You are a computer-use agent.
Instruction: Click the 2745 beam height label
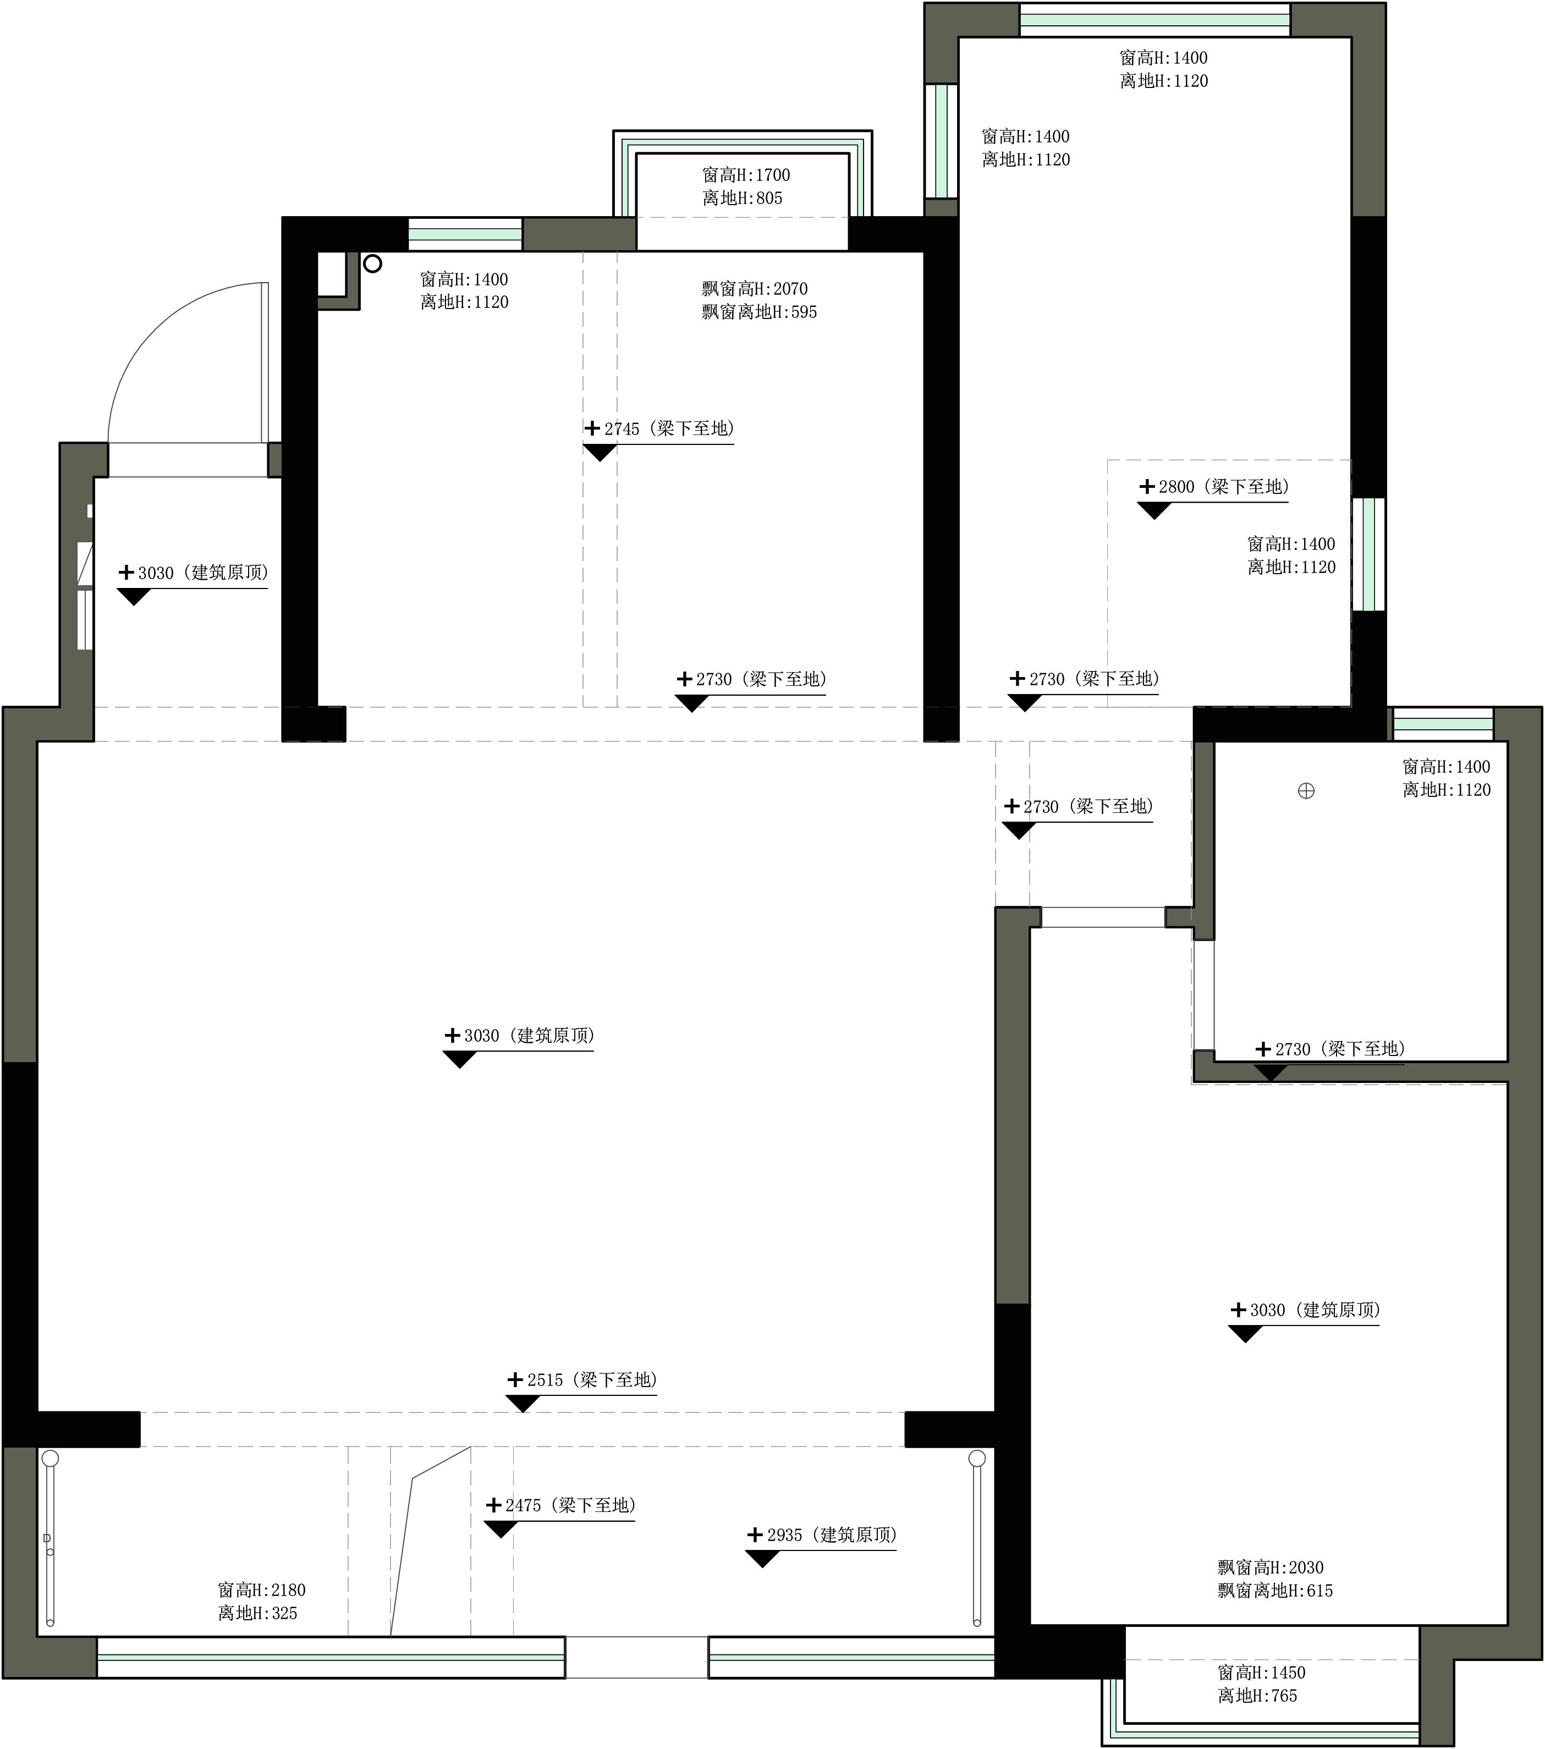(659, 428)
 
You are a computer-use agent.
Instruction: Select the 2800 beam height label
(1214, 487)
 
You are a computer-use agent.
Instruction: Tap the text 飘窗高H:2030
(1271, 1568)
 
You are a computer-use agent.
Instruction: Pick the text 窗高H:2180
(262, 1590)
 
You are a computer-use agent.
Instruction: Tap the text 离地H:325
(257, 1613)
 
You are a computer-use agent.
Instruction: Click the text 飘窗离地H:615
(1275, 1591)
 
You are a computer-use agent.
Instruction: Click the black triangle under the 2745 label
(600, 452)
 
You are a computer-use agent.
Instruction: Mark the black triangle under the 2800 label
(1154, 510)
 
